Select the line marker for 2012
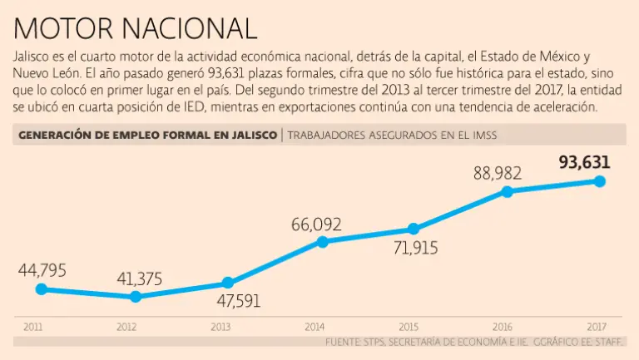[136, 296]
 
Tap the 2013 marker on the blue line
[228, 283]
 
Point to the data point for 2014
[323, 242]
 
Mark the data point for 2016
[507, 191]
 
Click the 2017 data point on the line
[600, 181]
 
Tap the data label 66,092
[316, 224]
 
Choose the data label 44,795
[41, 270]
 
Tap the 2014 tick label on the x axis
[315, 327]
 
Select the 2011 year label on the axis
[32, 327]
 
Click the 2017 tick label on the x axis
[596, 327]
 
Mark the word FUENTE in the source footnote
[344, 341]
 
